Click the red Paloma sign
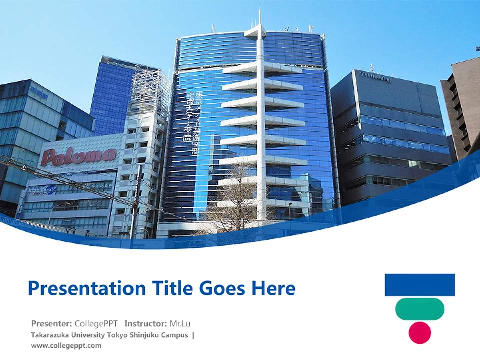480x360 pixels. (x=78, y=156)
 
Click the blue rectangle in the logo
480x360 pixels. (x=420, y=285)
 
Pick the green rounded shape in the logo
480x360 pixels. (x=420, y=309)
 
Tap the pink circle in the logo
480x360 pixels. (x=420, y=333)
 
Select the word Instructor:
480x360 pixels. (x=146, y=323)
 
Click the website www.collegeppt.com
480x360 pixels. (x=66, y=345)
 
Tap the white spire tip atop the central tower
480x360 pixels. (x=259, y=17)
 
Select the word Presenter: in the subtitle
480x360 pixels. (x=51, y=323)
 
